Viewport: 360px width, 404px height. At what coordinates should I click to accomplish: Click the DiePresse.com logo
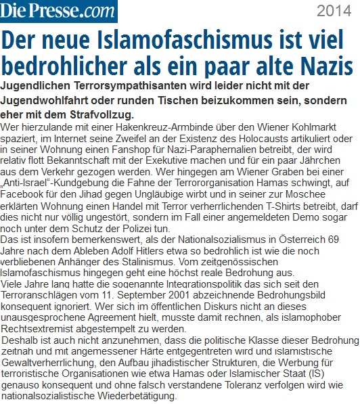click(59, 12)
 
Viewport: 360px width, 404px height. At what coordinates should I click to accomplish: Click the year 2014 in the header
click(334, 11)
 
